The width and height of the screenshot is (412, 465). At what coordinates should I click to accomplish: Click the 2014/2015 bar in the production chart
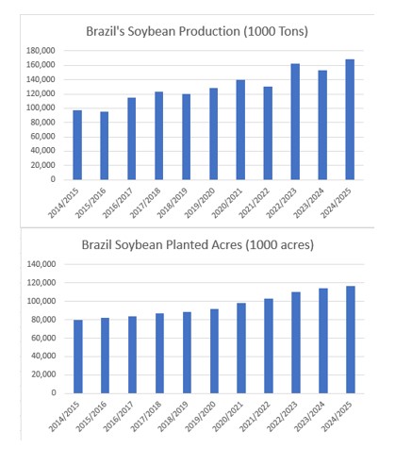pyautogui.click(x=77, y=145)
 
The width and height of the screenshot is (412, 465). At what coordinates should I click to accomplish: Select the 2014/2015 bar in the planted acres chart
pyautogui.click(x=77, y=357)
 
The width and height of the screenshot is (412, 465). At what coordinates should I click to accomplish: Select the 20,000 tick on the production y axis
pyautogui.click(x=41, y=165)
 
